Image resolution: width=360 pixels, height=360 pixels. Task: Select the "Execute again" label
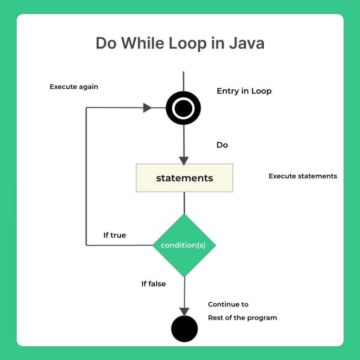pos(74,86)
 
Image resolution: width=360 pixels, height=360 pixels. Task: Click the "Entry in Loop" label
pos(244,91)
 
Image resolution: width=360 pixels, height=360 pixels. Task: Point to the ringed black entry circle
pos(183,108)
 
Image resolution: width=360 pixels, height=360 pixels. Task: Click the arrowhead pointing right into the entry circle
pos(148,108)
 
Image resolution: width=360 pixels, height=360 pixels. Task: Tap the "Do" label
pos(222,145)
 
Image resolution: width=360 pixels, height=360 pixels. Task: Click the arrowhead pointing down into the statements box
pos(184,161)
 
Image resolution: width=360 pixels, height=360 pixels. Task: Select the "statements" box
pos(184,178)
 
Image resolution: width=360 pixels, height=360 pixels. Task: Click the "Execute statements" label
pos(303,176)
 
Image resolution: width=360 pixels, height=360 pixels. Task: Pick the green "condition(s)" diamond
pos(184,245)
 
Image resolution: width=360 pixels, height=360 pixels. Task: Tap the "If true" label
pos(115,235)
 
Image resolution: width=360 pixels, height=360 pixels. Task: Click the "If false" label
pos(154,284)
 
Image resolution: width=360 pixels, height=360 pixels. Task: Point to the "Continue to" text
pos(228,304)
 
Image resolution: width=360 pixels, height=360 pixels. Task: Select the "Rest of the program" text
pos(243,318)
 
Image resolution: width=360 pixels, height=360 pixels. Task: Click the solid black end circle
pos(184,329)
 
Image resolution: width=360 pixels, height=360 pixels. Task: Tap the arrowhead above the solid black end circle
pos(184,311)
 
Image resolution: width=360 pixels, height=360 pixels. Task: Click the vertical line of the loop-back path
pos(86,176)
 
